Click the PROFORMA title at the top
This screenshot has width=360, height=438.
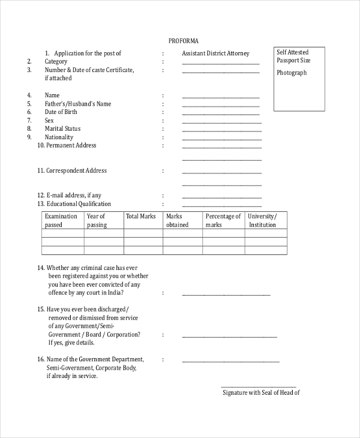[x=183, y=40]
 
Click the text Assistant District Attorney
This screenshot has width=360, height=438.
[x=215, y=53]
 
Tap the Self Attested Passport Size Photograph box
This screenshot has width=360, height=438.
[x=300, y=79]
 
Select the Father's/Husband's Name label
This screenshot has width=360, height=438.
[x=78, y=104]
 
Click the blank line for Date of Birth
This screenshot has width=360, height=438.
[x=221, y=114]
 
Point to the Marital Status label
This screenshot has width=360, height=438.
[x=62, y=128]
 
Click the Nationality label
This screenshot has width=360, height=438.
[x=59, y=137]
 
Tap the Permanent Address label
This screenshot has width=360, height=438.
[x=71, y=145]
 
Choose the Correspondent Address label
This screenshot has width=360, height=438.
[x=76, y=170]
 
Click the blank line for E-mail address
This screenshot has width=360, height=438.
[x=221, y=197]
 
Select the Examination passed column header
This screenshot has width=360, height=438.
[x=62, y=220]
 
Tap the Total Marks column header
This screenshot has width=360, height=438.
[x=140, y=216]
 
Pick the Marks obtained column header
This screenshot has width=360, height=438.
[x=177, y=220]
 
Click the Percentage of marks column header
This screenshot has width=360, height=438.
[x=223, y=220]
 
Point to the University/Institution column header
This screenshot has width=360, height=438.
[x=262, y=220]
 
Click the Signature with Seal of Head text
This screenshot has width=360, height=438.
[x=261, y=393]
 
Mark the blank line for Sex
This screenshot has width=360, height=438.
[x=221, y=122]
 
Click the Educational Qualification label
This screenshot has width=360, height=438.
[x=79, y=204]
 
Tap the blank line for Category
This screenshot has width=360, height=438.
[x=221, y=64]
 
